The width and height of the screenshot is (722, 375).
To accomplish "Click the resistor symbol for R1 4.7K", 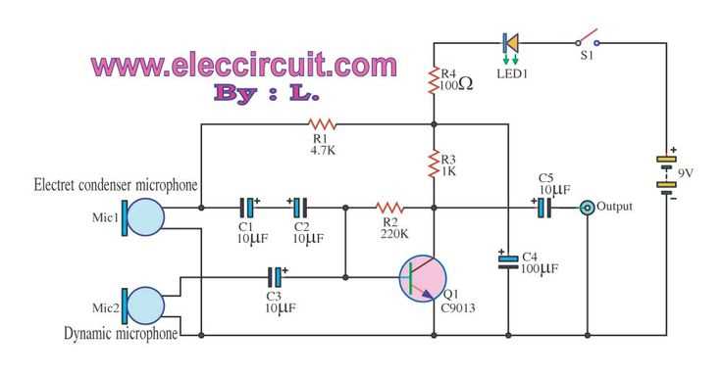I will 322,124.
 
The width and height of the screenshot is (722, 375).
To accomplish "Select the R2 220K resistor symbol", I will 389,208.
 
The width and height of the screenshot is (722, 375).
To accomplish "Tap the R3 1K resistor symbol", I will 433,164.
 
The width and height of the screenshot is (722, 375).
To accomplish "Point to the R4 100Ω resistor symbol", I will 433,80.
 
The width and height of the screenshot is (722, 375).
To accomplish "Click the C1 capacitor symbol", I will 248,208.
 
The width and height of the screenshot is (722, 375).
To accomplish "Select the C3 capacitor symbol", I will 278,277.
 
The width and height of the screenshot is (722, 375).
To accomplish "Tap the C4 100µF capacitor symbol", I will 508,262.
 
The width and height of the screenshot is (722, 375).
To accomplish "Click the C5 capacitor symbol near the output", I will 542,208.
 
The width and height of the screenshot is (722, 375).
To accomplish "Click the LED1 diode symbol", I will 510,43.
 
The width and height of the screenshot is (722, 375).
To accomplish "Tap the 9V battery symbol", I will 668,174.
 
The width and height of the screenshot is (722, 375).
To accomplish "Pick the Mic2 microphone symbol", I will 142,306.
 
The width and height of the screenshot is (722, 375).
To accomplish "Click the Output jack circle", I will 587,208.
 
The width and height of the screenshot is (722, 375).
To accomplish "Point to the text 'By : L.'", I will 266,95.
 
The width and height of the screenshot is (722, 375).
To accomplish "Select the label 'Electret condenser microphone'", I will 116,185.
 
